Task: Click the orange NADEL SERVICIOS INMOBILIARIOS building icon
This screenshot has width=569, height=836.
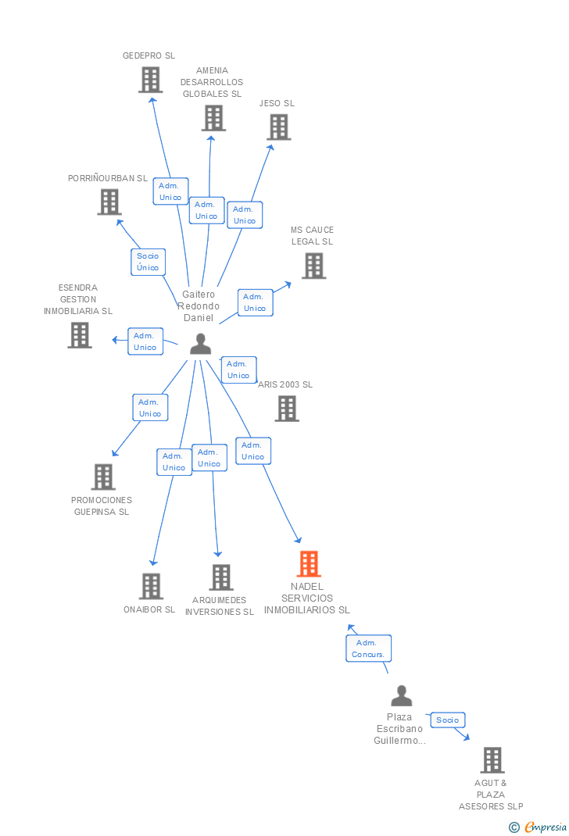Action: [x=309, y=563]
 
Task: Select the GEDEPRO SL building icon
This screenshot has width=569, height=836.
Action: [x=150, y=80]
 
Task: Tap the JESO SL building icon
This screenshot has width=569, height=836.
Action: [x=278, y=127]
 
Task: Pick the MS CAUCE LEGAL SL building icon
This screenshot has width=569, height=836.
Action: [x=313, y=266]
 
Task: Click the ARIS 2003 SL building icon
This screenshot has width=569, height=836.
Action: [x=287, y=408]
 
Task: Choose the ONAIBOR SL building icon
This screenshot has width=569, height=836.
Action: [x=151, y=586]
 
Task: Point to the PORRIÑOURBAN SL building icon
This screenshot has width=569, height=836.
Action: [x=109, y=202]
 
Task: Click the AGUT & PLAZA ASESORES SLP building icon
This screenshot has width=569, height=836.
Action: [x=492, y=759]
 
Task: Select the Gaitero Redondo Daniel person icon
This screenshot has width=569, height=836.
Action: [x=201, y=344]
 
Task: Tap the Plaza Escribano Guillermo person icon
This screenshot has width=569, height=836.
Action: [x=401, y=695]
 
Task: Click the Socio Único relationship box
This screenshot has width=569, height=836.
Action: [x=148, y=262]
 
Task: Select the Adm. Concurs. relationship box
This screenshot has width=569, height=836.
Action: [x=368, y=648]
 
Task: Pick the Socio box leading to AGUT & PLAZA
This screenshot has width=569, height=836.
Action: [x=448, y=720]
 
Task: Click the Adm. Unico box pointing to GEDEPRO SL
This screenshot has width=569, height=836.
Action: [x=170, y=191]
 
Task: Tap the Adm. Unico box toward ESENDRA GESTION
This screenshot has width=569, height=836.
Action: [x=145, y=341]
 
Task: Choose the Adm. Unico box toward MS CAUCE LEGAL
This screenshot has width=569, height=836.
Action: [x=255, y=302]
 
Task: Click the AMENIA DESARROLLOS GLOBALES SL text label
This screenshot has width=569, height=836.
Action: [x=212, y=82]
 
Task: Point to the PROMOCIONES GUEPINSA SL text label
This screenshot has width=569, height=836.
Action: [x=102, y=506]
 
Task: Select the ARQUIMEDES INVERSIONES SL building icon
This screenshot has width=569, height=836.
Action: [x=221, y=577]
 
